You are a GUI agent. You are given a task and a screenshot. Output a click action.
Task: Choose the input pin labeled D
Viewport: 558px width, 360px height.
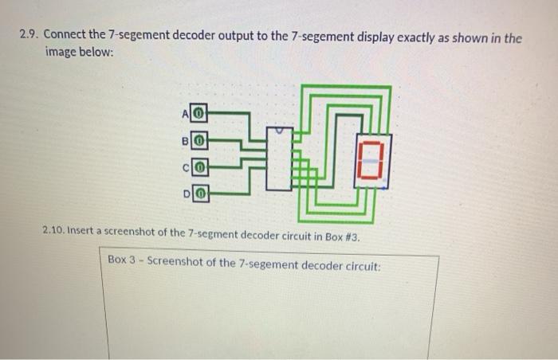tap(202, 194)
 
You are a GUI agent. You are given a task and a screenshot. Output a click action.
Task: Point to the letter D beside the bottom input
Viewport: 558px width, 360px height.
tap(188, 194)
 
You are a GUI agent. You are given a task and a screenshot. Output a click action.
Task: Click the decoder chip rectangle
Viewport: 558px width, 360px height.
tap(278, 158)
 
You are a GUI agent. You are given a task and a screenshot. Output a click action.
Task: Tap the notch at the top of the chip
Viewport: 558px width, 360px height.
tap(278, 128)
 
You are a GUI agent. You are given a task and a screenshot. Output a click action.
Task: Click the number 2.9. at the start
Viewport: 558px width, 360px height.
tap(30, 37)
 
